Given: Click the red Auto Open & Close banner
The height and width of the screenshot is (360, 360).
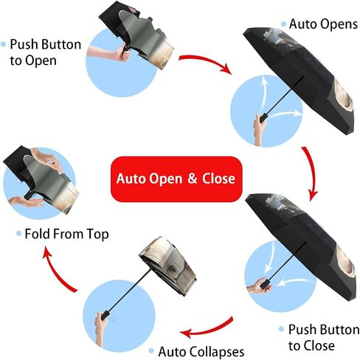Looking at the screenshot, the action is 176,179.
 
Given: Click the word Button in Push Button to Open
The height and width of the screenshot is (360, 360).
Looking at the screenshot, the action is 61,44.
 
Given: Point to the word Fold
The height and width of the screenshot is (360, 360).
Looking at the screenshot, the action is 37,234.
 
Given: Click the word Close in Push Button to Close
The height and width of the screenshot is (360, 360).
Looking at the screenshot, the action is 319,345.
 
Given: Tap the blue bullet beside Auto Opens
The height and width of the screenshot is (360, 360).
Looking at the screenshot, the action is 284,24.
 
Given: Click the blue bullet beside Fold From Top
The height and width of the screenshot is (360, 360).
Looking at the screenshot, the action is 18,234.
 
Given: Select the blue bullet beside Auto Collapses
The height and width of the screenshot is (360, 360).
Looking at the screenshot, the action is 151,351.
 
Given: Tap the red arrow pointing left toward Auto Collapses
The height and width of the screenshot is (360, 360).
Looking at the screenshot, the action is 209,330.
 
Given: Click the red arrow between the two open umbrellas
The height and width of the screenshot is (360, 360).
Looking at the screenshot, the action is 312,172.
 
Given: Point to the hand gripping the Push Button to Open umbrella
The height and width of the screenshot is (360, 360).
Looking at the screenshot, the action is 123,54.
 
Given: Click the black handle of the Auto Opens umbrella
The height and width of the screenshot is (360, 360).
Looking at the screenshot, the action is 263,117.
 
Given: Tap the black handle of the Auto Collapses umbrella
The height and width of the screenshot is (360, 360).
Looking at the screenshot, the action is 105,315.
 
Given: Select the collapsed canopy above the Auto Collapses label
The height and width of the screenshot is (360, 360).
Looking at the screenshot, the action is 168,266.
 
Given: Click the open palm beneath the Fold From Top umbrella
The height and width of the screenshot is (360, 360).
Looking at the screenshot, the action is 27,201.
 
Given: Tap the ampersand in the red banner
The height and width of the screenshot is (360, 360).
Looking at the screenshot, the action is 193,179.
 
